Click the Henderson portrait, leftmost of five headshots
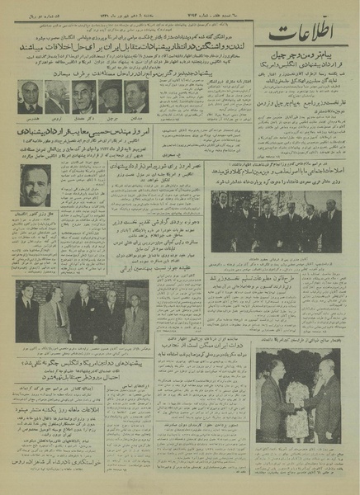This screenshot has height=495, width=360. (x=30, y=97)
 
